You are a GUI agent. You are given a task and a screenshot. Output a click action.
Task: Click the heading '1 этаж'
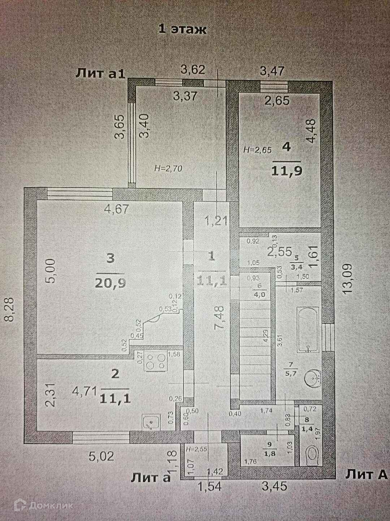point(183,29)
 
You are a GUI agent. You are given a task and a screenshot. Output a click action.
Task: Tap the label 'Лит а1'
point(100,74)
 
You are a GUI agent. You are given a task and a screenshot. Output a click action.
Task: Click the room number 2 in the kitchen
point(115,374)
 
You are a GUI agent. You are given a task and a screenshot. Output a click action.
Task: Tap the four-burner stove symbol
point(156,361)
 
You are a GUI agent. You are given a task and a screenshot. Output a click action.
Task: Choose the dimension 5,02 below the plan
point(101,456)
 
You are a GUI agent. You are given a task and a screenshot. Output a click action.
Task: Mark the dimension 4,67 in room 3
point(117,209)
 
